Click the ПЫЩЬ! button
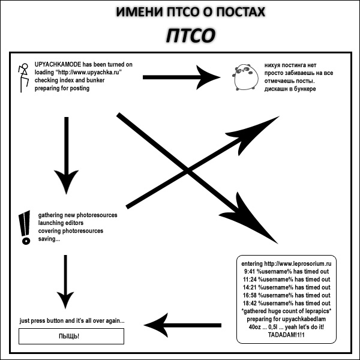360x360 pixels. tap(71, 336)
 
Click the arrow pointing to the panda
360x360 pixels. tap(183, 76)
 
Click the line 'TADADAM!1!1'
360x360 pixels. tap(286, 334)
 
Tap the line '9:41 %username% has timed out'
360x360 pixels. tap(287, 271)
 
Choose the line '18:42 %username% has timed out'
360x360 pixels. tap(287, 303)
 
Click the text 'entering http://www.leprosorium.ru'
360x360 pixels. tap(286, 263)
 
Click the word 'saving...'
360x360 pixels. tap(49, 239)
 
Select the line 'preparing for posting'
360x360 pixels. tap(62, 88)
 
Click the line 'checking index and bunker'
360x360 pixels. tap(69, 80)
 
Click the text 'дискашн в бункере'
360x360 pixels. tap(290, 89)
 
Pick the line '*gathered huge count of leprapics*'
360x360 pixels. tap(286, 311)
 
